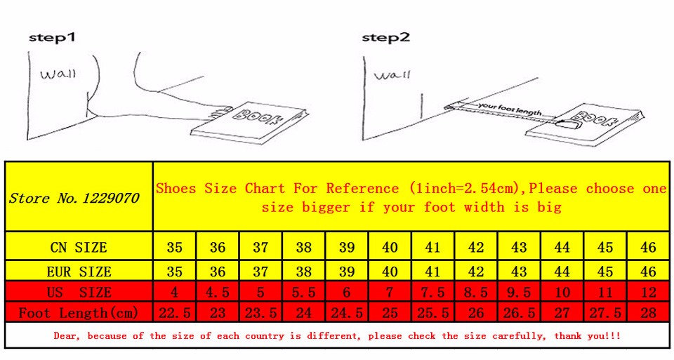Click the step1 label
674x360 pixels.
(x=52, y=37)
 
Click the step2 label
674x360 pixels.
(x=385, y=37)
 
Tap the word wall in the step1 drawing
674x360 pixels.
(x=58, y=74)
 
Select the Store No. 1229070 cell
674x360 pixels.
(x=79, y=196)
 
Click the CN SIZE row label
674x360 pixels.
(x=78, y=247)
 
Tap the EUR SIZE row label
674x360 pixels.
(x=79, y=272)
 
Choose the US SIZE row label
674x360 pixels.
(x=79, y=292)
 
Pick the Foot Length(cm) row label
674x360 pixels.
(x=78, y=312)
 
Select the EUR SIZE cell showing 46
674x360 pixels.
(x=648, y=271)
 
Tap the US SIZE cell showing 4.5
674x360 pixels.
(x=218, y=292)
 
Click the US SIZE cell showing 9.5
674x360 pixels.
(x=519, y=292)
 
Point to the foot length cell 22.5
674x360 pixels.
(x=175, y=312)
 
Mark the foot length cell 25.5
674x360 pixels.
(x=433, y=312)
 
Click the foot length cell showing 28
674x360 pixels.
(x=648, y=312)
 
